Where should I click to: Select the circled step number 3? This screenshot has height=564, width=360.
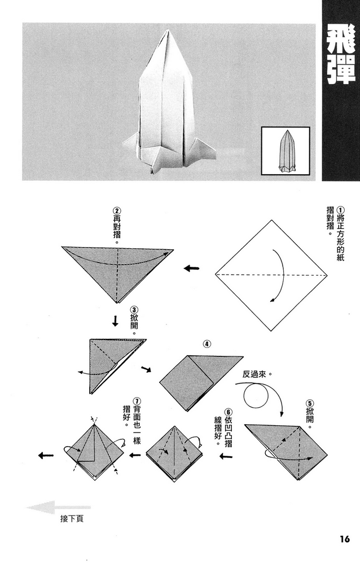coord(134,310)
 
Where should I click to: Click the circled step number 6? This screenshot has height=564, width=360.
coord(228,412)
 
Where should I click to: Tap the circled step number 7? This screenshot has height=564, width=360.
coord(137,401)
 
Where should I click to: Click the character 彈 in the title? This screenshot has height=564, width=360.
coord(340,70)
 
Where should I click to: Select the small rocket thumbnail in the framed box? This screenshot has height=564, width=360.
coord(285,151)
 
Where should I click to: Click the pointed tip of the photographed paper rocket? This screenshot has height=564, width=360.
coord(165,32)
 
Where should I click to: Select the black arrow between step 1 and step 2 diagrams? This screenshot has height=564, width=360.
coord(191,268)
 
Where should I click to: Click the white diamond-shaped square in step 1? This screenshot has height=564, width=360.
coord(271,275)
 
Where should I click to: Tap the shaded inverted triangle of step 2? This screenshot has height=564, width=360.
coord(117,271)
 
